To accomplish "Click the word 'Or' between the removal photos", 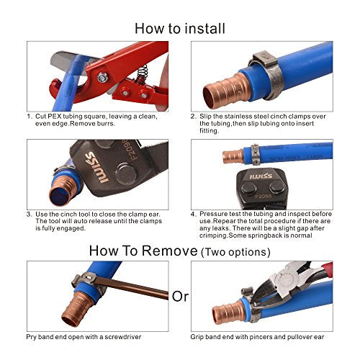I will tap(179, 295).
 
